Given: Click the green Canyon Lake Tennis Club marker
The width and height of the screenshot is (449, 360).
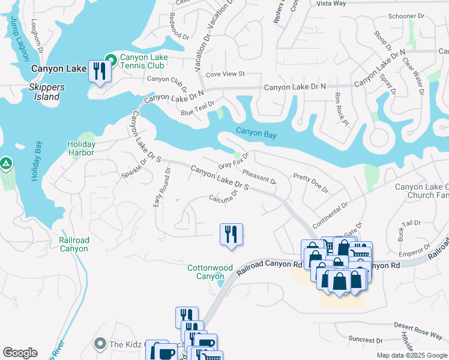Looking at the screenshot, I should (110, 59).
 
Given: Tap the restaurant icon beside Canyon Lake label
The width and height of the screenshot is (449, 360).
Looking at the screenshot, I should (98, 71).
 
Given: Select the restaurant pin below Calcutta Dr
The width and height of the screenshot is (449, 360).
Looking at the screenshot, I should (231, 235).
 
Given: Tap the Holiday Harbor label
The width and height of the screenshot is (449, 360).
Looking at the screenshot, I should (81, 148).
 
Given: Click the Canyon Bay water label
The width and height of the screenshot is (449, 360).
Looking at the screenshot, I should (256, 134).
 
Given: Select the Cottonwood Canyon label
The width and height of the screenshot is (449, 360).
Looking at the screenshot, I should (209, 272).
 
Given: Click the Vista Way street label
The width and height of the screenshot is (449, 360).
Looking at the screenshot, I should (331, 4).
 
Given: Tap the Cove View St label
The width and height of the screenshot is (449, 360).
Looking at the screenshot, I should (226, 74).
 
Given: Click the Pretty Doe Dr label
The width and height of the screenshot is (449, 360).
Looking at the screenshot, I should (310, 183).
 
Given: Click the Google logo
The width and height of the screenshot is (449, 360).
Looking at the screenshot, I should (20, 353).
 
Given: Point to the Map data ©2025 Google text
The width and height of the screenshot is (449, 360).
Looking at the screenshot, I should (411, 355).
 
